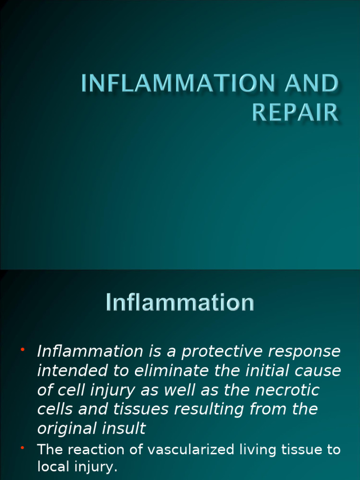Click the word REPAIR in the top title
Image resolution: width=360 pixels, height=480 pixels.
pos(295,112)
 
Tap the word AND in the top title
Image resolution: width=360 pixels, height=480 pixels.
pos(310,84)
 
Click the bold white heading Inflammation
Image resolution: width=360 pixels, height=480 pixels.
pos(180,302)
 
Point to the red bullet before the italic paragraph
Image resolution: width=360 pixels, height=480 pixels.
pos(22,350)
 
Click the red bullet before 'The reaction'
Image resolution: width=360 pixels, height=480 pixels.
pos(22,449)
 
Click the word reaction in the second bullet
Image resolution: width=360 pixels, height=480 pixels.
pos(98,450)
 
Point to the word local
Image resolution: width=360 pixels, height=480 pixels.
pos(52,467)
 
